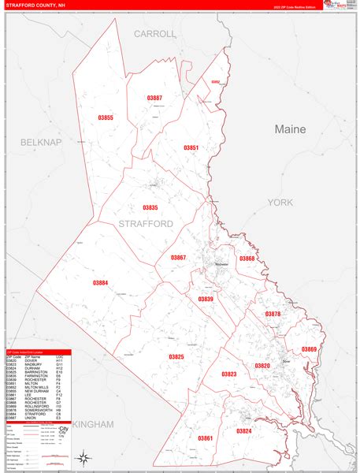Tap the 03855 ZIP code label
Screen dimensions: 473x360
[105, 118]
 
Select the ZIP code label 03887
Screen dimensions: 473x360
[154, 98]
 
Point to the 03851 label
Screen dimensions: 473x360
[191, 148]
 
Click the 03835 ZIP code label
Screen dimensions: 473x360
[150, 207]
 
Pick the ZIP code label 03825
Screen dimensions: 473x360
[176, 356]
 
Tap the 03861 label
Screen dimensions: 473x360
[205, 438]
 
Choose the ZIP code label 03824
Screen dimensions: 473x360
[244, 430]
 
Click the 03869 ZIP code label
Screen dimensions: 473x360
[308, 348]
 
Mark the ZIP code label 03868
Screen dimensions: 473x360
[247, 259]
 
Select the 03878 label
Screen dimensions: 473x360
[273, 314]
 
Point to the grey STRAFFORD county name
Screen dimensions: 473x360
[145, 224]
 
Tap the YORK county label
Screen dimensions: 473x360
[280, 203]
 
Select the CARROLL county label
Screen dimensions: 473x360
[155, 34]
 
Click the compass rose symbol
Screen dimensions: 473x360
[83, 456]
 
